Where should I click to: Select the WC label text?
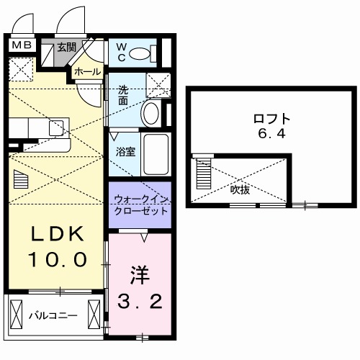(122, 52)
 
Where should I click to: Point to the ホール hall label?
(86, 72)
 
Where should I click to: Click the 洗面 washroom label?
(123, 96)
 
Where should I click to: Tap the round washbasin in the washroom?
(150, 113)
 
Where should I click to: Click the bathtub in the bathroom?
(156, 153)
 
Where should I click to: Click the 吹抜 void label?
(240, 189)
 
